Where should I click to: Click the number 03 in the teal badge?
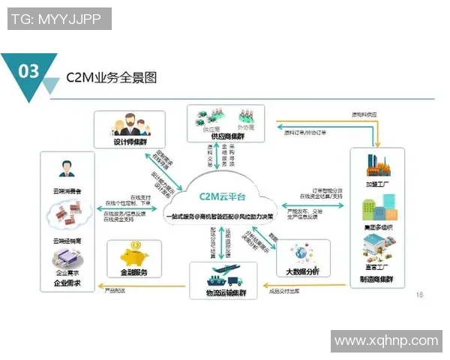pos(28,71)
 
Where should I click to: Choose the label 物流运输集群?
pos(228,290)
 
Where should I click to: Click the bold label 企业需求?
pos(67,284)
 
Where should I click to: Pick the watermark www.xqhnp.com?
pos(386,340)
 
